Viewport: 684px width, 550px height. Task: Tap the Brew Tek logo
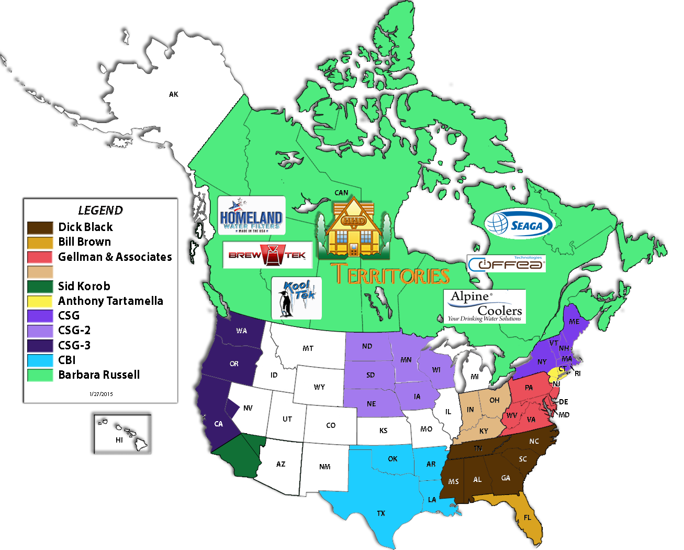click(x=267, y=255)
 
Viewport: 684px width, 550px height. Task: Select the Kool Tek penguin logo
click(x=297, y=298)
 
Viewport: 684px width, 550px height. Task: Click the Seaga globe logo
click(x=519, y=224)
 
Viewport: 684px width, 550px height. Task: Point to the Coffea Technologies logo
click(x=506, y=263)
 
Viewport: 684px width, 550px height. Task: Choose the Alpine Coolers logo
click(x=484, y=306)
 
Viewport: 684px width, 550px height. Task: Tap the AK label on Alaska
click(x=174, y=94)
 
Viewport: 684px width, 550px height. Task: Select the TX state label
click(x=381, y=513)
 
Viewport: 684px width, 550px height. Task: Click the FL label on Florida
click(x=527, y=518)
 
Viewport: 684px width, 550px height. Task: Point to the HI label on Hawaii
click(x=119, y=440)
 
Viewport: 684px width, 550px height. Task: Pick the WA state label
click(x=241, y=331)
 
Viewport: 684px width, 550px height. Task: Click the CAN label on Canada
click(x=341, y=193)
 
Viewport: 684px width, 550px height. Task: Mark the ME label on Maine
click(x=574, y=322)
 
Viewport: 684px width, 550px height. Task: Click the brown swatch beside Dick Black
click(x=40, y=227)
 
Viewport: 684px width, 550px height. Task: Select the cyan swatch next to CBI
click(x=40, y=360)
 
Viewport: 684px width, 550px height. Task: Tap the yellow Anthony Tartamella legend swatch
click(x=40, y=301)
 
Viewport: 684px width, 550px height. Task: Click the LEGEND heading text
click(x=100, y=211)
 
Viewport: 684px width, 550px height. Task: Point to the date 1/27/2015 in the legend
click(x=101, y=394)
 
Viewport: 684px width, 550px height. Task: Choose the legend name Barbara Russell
click(x=99, y=375)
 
